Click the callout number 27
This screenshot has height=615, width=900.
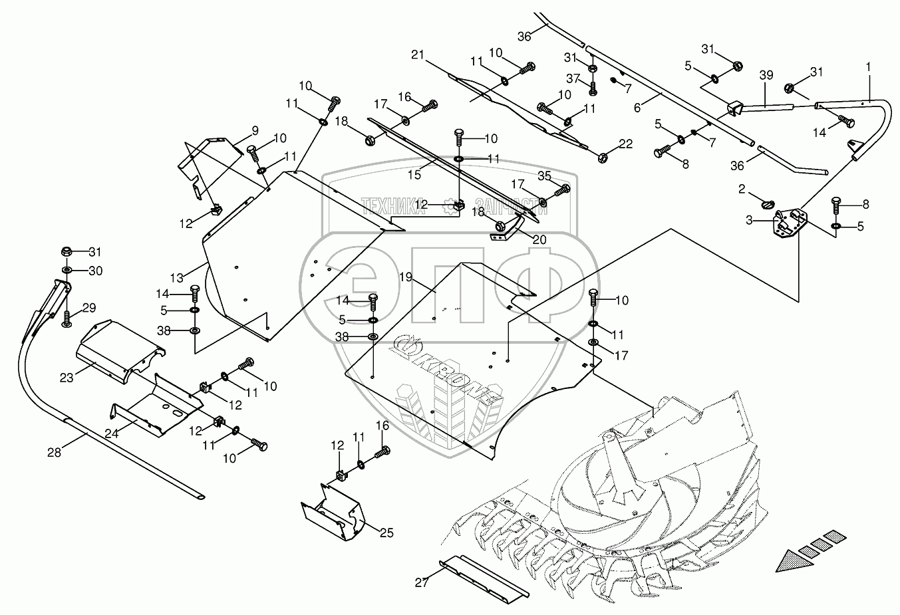[x=422, y=582]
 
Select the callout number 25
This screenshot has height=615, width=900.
[x=386, y=533]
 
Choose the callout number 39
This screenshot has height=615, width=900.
[x=766, y=76]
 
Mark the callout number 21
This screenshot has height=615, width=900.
[x=417, y=54]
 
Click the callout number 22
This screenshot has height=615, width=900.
[x=626, y=144]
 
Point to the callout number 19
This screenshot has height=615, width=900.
[x=406, y=276]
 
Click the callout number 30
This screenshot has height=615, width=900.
[x=96, y=271]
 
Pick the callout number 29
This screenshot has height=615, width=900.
[x=89, y=308]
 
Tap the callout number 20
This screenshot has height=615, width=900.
[x=539, y=240]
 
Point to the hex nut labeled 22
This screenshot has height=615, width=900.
[x=604, y=158]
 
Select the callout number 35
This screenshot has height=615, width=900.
[x=545, y=176]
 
